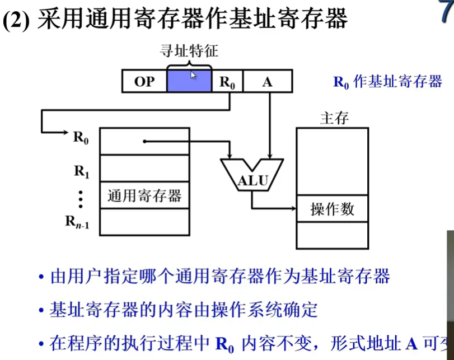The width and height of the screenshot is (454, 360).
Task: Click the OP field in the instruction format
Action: [144, 82]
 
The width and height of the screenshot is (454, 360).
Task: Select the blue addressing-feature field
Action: [189, 82]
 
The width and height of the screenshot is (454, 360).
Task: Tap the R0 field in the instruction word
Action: [227, 82]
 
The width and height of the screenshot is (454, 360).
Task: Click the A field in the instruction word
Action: [267, 82]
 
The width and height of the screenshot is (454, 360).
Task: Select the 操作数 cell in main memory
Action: [332, 209]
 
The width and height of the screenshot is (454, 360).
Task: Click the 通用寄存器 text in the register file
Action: [144, 196]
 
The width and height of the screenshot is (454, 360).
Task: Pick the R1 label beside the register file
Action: [82, 171]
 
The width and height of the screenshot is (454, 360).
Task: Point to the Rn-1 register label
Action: [77, 222]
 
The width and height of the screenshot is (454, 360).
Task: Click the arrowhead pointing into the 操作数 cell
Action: [292, 209]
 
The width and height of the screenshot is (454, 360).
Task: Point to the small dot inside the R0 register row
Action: [144, 141]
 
